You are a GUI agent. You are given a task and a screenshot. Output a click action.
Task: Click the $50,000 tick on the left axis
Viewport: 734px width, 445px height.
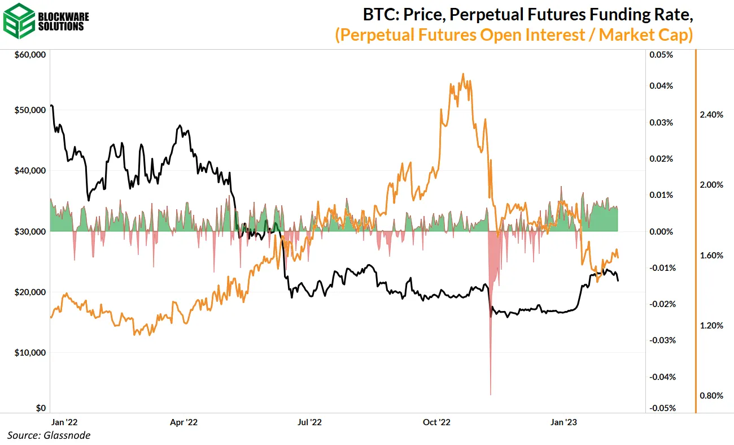29,110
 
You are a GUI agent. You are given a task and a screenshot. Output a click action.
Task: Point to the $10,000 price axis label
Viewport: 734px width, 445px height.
29,352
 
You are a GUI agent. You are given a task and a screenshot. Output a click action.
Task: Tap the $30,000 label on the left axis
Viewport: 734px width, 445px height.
29,231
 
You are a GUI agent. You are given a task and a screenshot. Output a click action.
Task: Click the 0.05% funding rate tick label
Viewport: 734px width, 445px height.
662,55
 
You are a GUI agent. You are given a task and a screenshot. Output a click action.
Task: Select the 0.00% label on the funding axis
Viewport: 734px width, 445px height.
662,231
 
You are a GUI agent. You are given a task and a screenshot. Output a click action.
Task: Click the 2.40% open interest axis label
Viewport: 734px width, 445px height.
711,115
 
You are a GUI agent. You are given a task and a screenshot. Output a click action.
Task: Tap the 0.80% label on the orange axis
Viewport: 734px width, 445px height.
711,395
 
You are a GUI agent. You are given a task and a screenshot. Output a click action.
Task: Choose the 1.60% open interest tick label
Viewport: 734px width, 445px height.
711,255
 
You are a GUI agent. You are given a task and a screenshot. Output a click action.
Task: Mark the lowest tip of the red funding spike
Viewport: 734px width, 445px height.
491,394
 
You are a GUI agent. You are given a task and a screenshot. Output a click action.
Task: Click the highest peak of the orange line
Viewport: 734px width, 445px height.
463,74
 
